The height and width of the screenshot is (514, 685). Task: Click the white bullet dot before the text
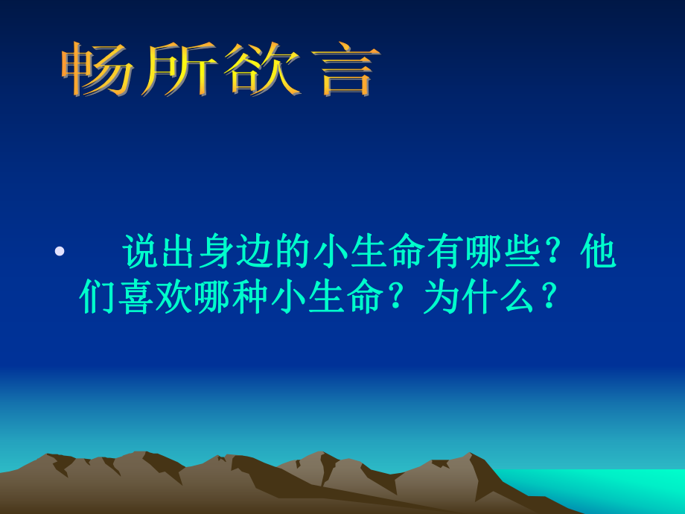[60, 252]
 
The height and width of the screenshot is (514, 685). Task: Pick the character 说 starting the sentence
[141, 252]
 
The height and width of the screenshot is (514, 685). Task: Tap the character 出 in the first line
[179, 252]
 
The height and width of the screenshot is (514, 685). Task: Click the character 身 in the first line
[217, 252]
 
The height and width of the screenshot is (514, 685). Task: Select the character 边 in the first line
[255, 252]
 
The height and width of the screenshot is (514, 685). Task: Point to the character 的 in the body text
[293, 252]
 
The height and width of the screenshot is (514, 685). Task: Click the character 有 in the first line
[445, 252]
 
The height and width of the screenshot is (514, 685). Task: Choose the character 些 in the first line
[521, 252]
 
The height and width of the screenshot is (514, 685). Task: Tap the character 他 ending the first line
[598, 252]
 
